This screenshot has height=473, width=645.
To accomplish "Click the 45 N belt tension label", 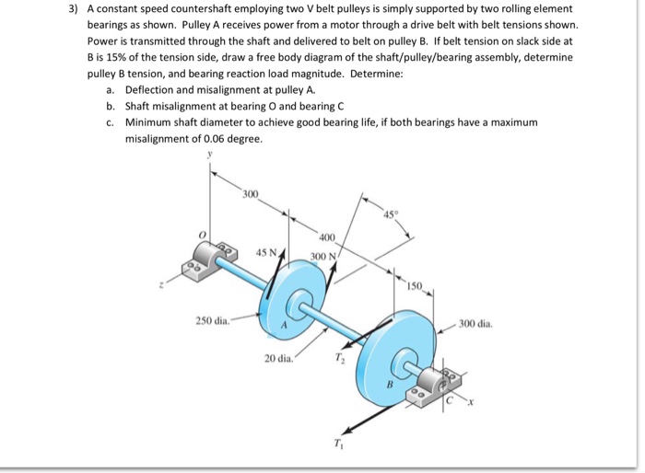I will pos(267,251).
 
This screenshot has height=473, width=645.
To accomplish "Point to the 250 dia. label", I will pos(214,320).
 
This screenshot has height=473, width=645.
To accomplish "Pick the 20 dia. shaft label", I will pos(279,357).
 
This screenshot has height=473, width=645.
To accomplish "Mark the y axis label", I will pos(210,156).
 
